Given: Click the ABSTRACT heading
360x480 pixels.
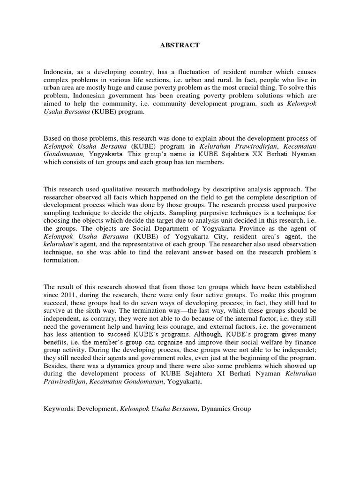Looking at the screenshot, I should [x=180, y=45].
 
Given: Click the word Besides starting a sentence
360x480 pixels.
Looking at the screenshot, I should [x=55, y=366].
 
